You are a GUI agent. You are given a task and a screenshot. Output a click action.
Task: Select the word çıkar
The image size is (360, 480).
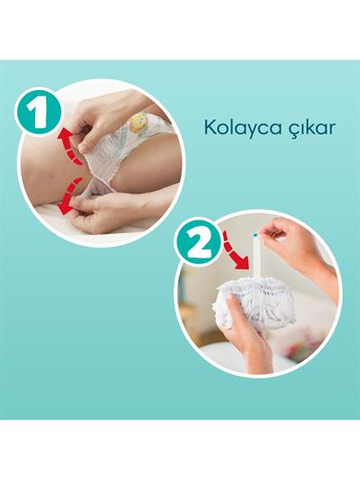click(x=310, y=127)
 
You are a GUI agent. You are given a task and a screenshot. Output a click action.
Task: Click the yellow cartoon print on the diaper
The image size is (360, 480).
click(x=139, y=122)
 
